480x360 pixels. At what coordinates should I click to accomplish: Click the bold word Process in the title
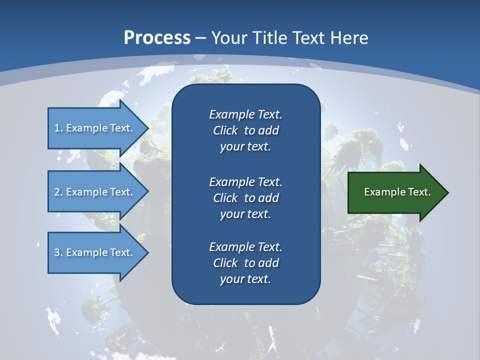click(x=157, y=38)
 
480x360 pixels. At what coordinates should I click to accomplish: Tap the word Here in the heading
click(x=350, y=38)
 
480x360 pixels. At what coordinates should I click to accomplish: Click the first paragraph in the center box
click(x=245, y=130)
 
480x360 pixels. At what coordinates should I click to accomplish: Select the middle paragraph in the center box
click(x=245, y=197)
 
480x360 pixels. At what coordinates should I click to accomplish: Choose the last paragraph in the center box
click(x=245, y=263)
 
